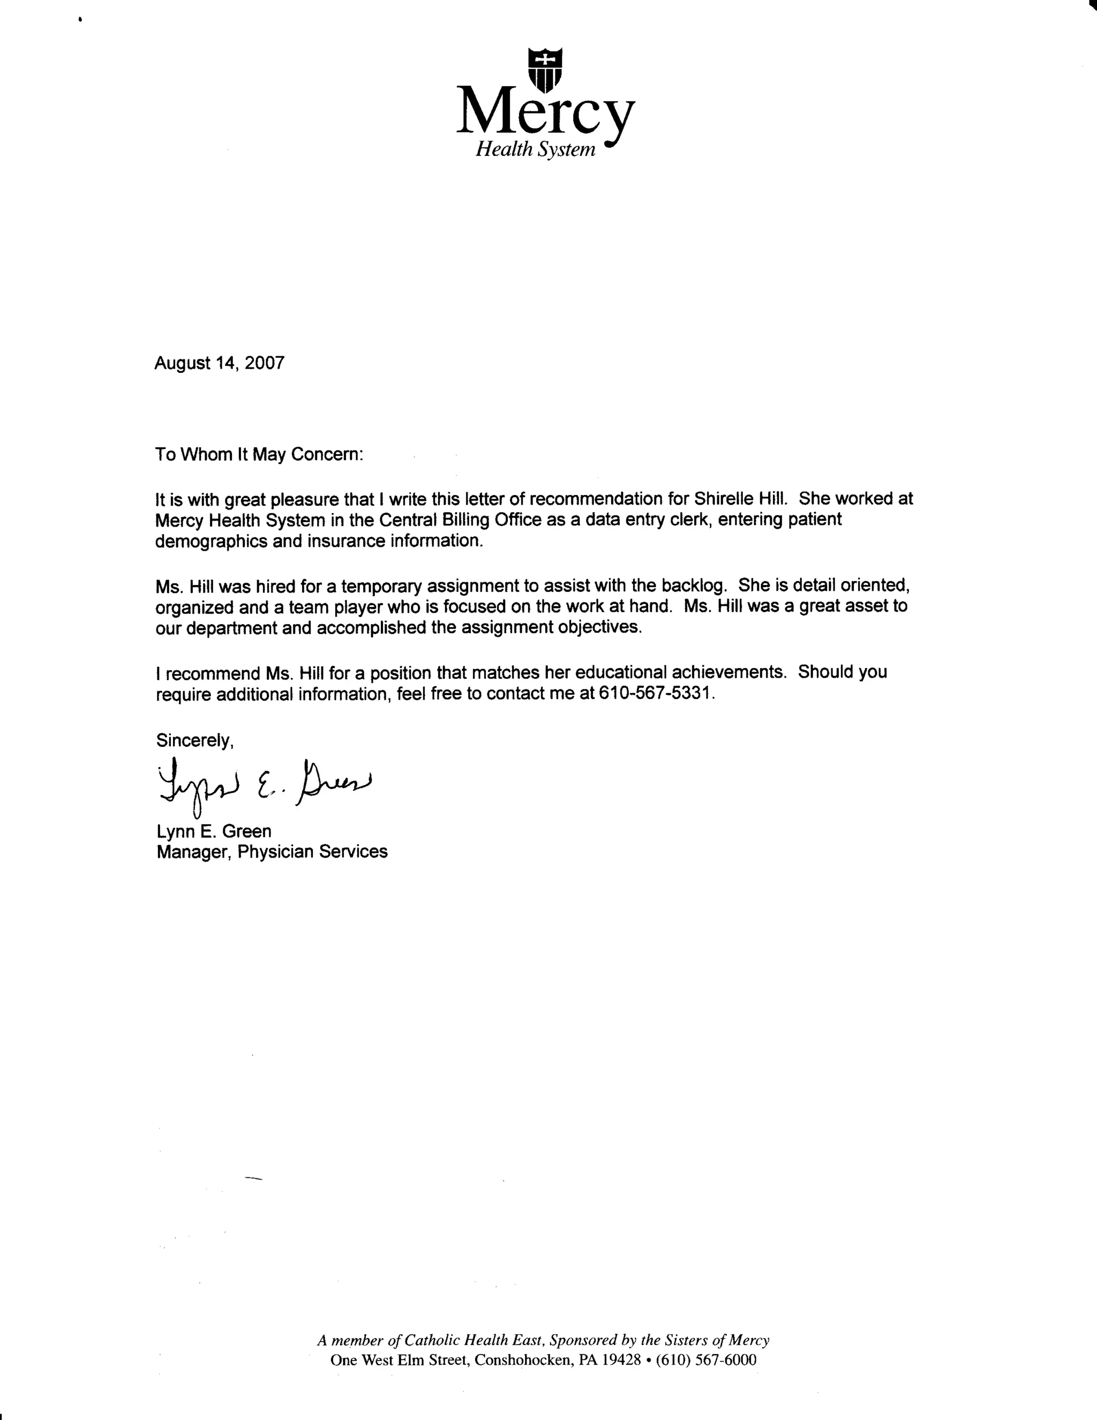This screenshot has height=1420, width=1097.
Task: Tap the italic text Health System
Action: [x=535, y=150]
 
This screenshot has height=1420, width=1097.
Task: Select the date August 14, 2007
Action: [x=219, y=363]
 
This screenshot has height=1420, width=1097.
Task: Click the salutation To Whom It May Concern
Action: [x=259, y=454]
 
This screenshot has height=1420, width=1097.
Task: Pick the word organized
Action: [x=194, y=607]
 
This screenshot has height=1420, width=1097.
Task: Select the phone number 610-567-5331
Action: [x=657, y=693]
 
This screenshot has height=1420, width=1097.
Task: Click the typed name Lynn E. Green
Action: [x=214, y=831]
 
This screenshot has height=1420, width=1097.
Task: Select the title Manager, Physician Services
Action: [x=272, y=852]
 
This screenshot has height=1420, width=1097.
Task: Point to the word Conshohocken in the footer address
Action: [x=521, y=1360]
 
